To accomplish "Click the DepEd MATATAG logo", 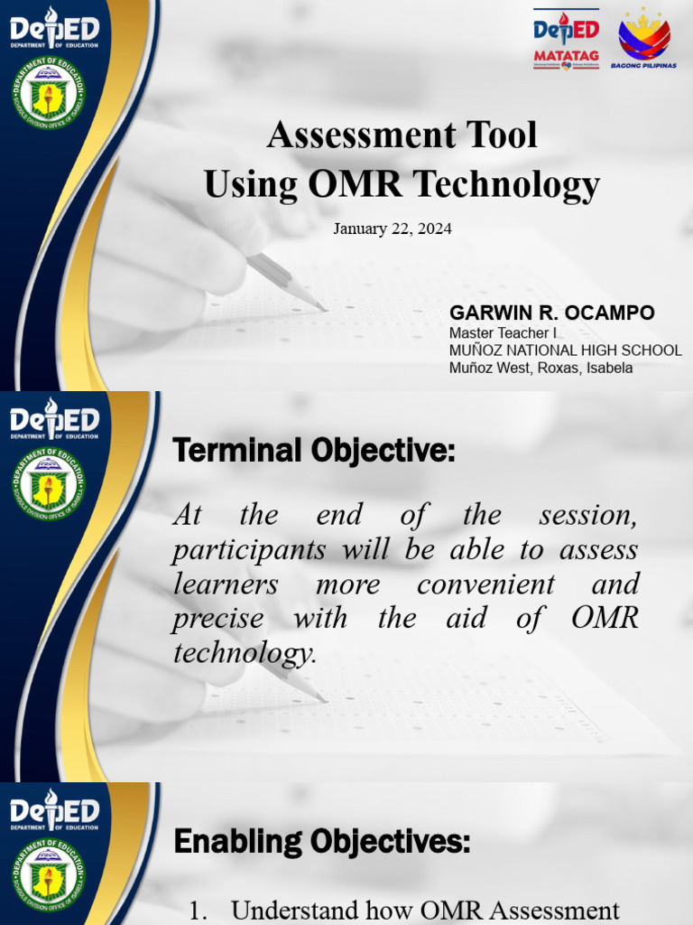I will (x=566, y=40).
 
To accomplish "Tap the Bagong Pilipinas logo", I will (x=643, y=40).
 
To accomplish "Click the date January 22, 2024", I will (x=393, y=229).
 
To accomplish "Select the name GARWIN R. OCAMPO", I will (x=552, y=313).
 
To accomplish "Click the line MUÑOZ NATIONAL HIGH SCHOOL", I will (x=565, y=350).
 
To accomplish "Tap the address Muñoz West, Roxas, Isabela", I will (x=541, y=368).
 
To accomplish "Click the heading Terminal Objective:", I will (x=314, y=450).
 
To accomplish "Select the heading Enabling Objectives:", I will (x=321, y=842).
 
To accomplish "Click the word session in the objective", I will (x=587, y=516).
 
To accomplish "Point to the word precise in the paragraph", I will (x=217, y=619).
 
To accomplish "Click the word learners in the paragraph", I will (x=226, y=584).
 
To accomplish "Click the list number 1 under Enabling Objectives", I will (x=199, y=911).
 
